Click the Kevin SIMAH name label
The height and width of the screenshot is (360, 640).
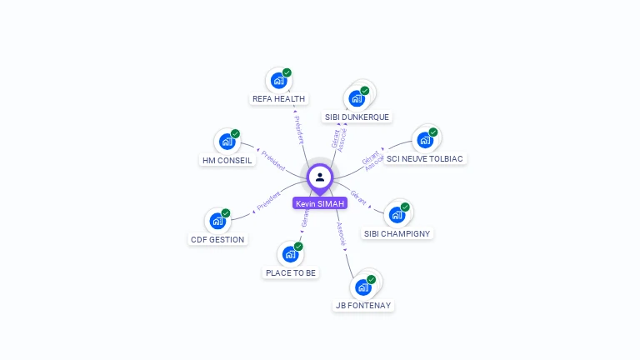coord(320,203)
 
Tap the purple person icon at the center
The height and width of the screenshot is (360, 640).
coord(320,177)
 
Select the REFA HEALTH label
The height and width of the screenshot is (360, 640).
coord(279,98)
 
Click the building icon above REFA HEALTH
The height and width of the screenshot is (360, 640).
coord(278,81)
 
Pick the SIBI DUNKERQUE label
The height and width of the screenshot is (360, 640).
coord(357,117)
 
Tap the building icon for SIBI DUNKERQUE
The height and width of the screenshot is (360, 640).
coord(357,98)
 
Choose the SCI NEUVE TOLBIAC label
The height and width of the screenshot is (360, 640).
coord(426,158)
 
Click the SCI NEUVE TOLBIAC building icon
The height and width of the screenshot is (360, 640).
coord(425,140)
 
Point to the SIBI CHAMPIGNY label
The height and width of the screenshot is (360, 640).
coord(397,233)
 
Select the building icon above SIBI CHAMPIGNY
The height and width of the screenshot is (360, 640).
coord(397,214)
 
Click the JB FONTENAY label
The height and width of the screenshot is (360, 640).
coord(363,305)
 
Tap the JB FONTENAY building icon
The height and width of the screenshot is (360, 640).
coord(362,287)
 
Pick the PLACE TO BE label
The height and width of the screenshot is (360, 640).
coord(291,272)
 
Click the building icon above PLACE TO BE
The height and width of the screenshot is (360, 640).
coord(290,254)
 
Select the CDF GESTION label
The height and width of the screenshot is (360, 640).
coord(217,239)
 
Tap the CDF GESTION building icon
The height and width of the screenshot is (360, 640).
coord(217,221)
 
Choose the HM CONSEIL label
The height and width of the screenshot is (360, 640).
coord(227,160)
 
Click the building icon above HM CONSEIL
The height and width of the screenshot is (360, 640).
coord(227,142)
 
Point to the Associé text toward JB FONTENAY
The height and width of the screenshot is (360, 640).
coord(342,234)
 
